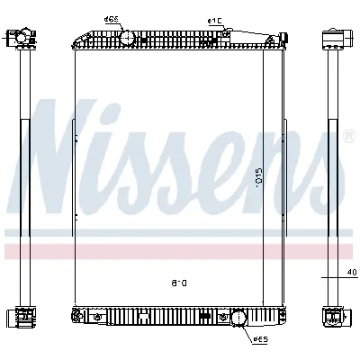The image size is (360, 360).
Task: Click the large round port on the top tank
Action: [x=127, y=37]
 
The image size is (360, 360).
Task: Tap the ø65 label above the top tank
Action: [x=112, y=19]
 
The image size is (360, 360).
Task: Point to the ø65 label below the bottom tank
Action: [x=260, y=339]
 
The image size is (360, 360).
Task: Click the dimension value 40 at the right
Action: [x=346, y=274]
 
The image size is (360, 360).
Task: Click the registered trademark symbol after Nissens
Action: [x=348, y=136]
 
